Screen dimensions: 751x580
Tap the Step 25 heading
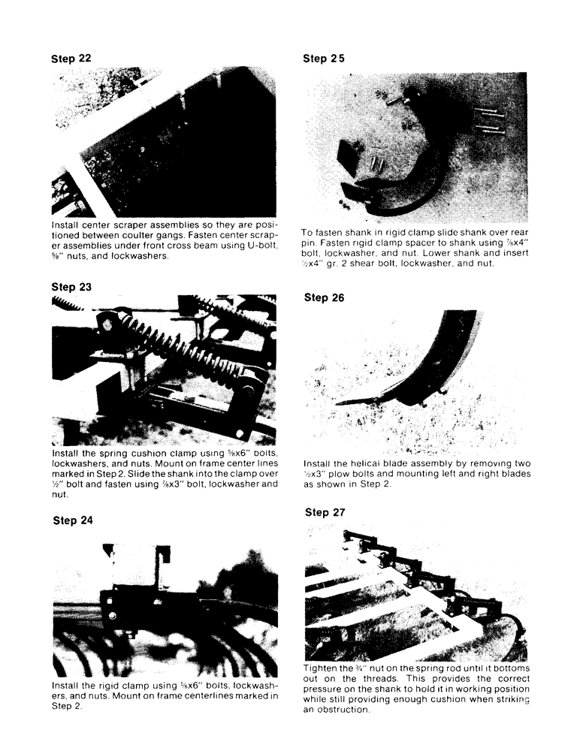click(x=324, y=58)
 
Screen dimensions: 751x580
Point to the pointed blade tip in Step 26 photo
click(x=342, y=403)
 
